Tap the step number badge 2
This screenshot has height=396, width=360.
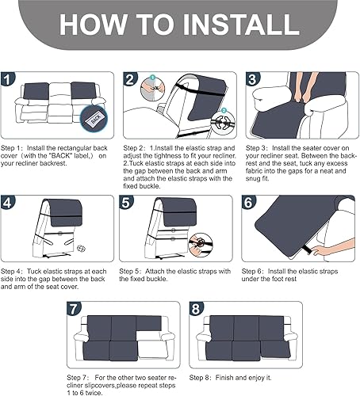[x=131, y=80]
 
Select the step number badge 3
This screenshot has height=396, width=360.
[x=251, y=80]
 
